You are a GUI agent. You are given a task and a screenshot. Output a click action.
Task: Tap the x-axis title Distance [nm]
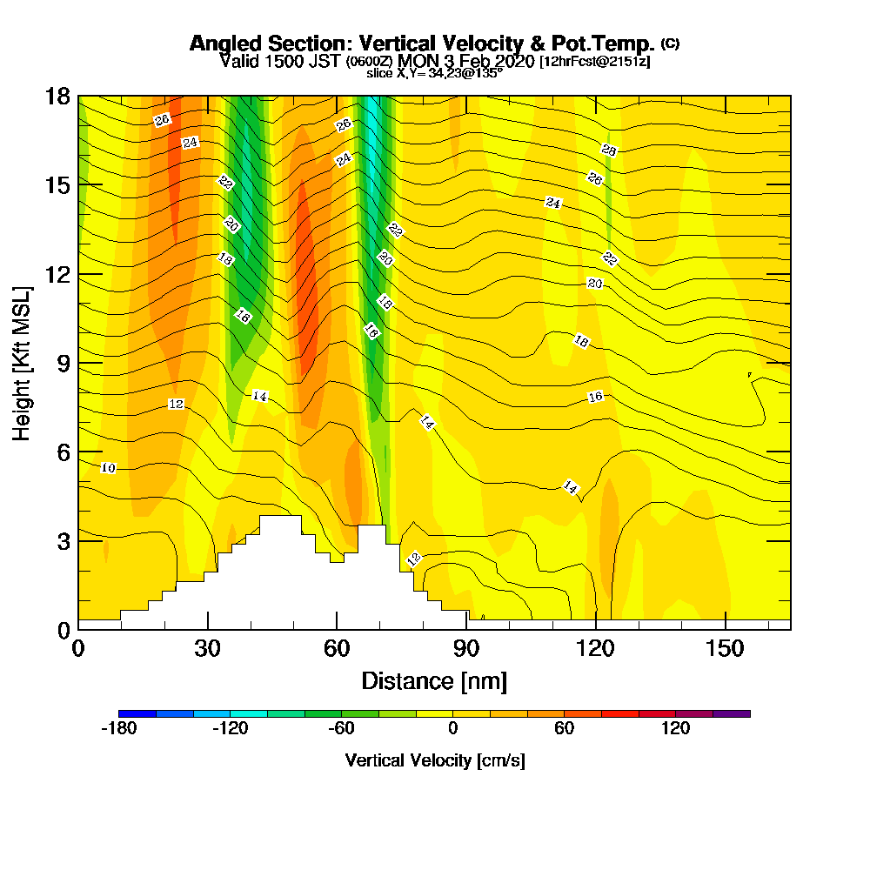(x=434, y=680)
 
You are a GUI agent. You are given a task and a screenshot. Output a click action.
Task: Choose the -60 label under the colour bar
(x=341, y=729)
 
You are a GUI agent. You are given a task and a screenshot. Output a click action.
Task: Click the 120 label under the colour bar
(x=675, y=729)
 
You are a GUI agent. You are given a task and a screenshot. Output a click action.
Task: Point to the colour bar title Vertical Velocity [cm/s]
(x=435, y=760)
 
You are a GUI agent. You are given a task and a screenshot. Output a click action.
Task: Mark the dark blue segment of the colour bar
(x=137, y=713)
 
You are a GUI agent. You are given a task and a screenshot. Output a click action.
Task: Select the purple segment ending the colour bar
(x=732, y=713)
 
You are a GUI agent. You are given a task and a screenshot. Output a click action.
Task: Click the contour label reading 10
(x=108, y=468)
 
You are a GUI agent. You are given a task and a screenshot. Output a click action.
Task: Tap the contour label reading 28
(x=609, y=151)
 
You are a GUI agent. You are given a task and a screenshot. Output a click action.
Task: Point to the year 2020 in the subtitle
(x=510, y=61)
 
